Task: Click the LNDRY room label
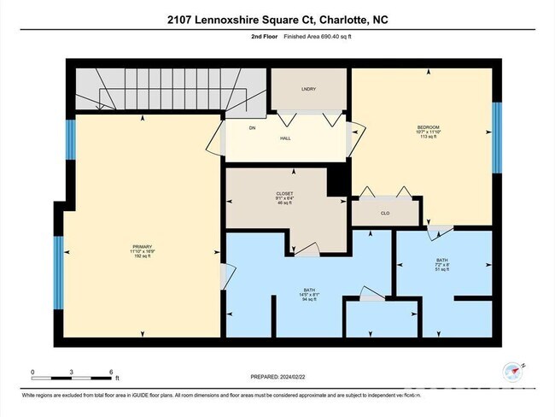tap(308, 89)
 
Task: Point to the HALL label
tap(287, 138)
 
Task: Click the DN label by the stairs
tap(253, 127)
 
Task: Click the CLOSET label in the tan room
tap(274, 193)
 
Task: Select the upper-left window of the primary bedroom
tap(71, 139)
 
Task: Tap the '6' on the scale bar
tap(111, 372)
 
